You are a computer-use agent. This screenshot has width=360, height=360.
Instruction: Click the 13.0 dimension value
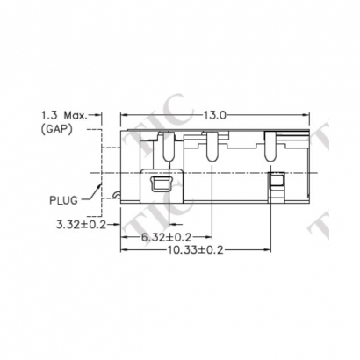(216, 115)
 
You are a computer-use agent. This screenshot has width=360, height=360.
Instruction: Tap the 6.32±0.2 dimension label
(165, 237)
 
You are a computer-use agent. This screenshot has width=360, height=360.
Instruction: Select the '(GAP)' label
(58, 129)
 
